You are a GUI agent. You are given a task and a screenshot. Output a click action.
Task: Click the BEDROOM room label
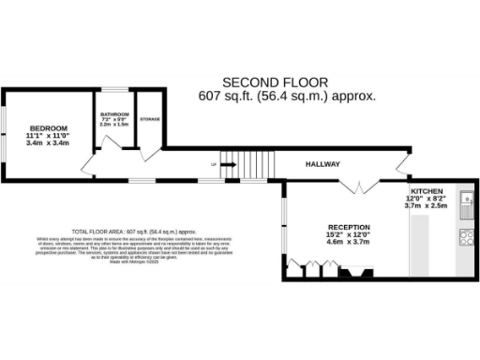pyautogui.click(x=47, y=127)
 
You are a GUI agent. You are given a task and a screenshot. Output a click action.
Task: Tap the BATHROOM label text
pyautogui.click(x=114, y=115)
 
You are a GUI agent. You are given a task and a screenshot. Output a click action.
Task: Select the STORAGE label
pyautogui.click(x=149, y=120)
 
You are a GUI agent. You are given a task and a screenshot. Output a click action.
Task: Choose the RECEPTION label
pyautogui.click(x=349, y=227)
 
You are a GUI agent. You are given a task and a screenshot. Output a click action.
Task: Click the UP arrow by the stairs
pyautogui.click(x=215, y=165)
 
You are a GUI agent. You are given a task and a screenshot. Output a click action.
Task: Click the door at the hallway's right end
pyautogui.click(x=403, y=169)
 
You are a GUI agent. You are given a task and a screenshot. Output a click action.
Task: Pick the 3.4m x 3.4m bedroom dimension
pyautogui.click(x=47, y=144)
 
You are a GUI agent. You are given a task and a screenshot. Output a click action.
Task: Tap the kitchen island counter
pyautogui.click(x=420, y=246)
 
